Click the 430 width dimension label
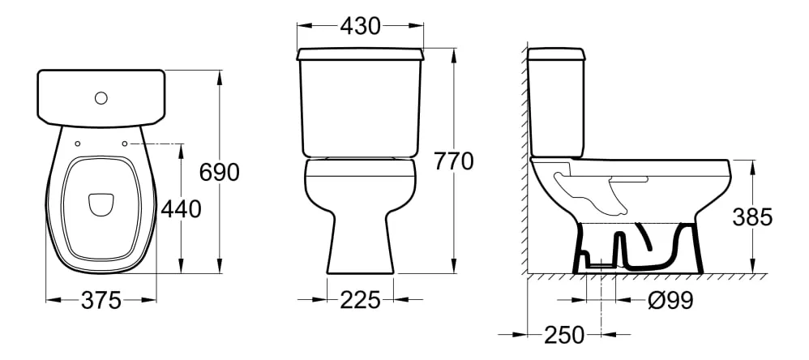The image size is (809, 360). [360, 26]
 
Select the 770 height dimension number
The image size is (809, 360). [453, 161]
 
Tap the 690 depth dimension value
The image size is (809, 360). [220, 172]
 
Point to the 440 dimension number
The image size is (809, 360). [181, 209]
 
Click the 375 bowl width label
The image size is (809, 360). [101, 300]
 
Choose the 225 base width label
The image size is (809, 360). [360, 300]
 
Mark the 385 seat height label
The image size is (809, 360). [752, 217]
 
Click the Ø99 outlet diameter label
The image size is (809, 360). [670, 300]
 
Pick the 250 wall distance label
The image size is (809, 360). [564, 335]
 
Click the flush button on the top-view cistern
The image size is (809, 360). [101, 97]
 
